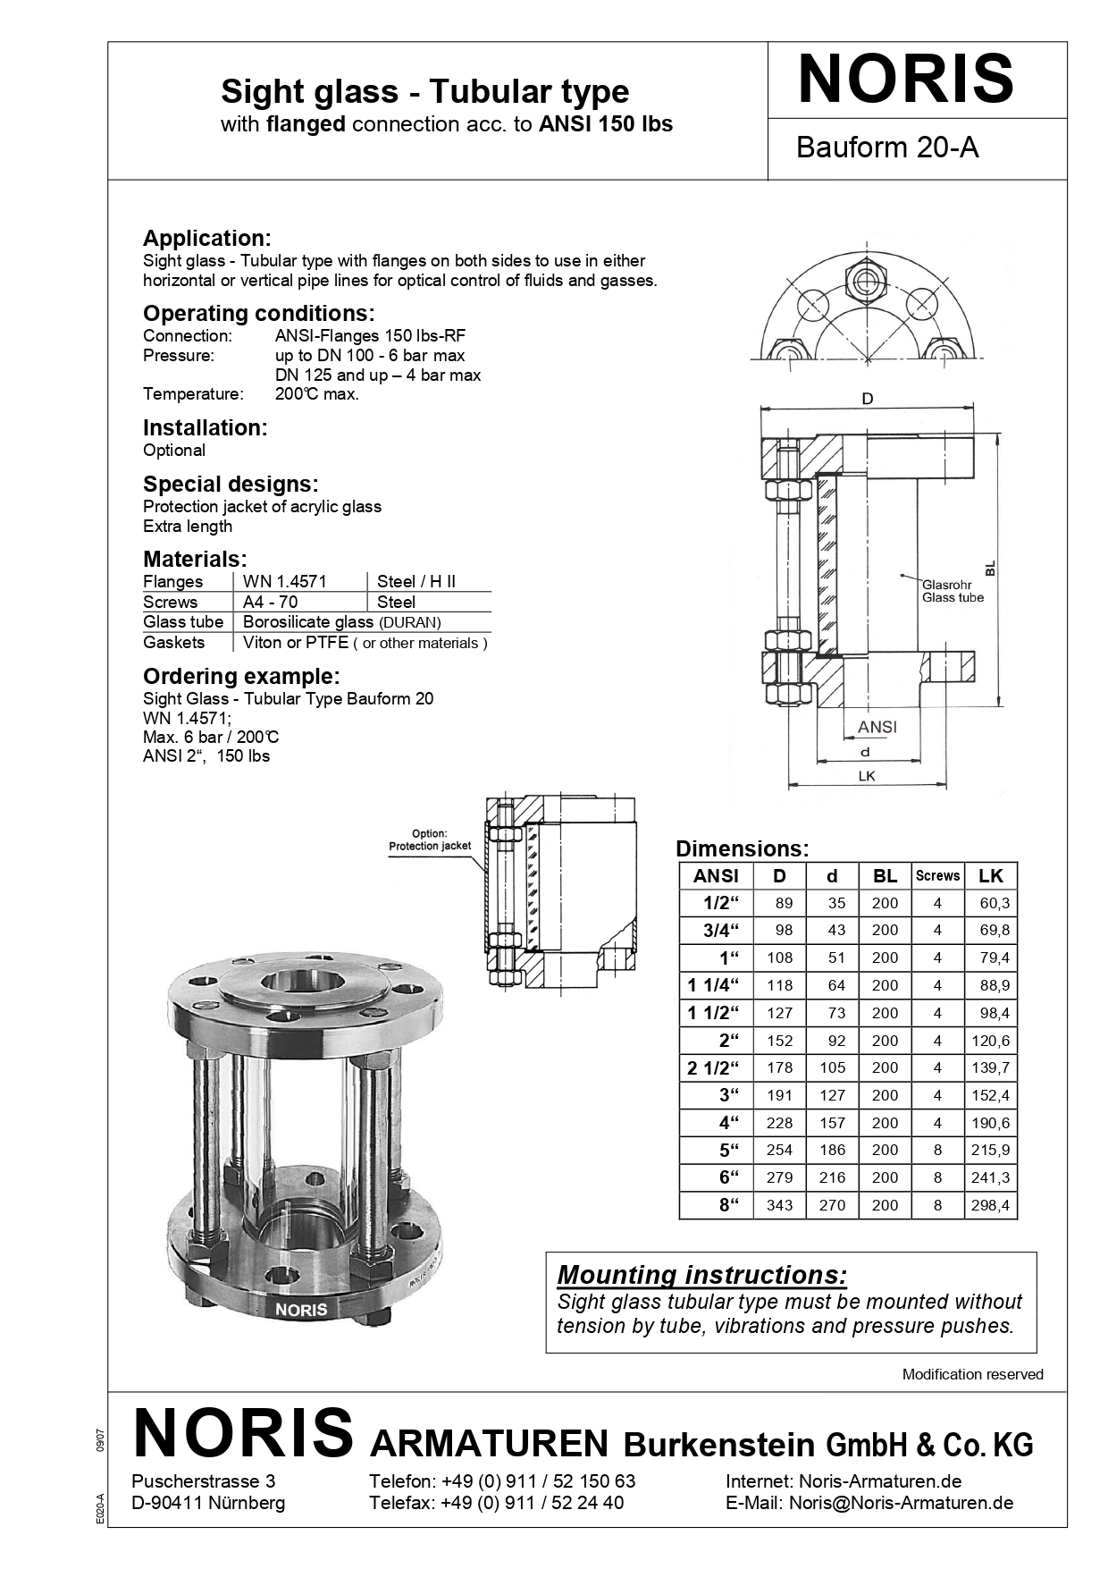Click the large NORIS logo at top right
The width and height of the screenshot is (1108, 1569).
pos(905,80)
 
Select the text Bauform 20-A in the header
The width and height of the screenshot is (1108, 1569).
pos(886,148)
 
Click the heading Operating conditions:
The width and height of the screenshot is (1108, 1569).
pos(258,314)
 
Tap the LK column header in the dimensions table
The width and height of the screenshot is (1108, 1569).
pos(990,876)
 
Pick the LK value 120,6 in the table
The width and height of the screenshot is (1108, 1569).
pos(990,1041)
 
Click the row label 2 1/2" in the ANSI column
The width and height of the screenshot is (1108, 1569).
pos(714,1068)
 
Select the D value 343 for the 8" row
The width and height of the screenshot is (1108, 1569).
pos(779,1205)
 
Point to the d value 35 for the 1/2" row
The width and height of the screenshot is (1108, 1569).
pos(835,904)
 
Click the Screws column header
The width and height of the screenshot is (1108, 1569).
pos(937,876)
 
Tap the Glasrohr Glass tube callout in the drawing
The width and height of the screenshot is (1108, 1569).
pos(952,591)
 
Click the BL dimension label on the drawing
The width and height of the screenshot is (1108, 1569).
pos(989,569)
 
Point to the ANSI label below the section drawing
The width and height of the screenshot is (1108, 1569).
pos(877,727)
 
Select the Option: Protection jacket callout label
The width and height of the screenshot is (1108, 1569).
pos(430,839)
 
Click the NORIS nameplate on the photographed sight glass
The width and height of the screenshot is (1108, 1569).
pos(301,1309)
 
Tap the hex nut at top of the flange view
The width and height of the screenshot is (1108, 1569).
pos(864,281)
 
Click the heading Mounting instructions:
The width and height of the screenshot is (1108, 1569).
pos(701,1275)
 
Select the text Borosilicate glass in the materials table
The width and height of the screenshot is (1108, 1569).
pos(308,622)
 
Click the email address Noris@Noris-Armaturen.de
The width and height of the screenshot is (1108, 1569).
pos(901,1503)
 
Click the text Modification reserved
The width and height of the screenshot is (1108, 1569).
pos(972,1374)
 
